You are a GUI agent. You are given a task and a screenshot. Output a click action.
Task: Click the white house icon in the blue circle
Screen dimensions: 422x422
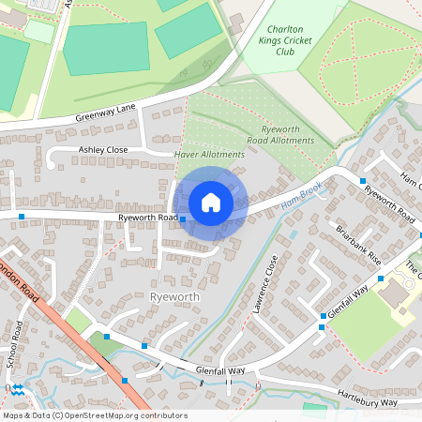point(211,202)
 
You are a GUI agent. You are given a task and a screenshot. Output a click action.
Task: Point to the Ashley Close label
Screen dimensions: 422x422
point(103,149)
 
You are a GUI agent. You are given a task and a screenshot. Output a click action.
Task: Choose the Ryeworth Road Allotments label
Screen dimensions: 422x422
point(279,135)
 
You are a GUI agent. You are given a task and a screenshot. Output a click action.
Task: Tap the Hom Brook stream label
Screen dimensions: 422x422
point(302,192)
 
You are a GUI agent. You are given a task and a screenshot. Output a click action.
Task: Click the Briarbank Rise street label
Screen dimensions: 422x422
point(361,244)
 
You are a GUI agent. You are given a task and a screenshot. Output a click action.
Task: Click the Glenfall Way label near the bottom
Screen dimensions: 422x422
point(220,371)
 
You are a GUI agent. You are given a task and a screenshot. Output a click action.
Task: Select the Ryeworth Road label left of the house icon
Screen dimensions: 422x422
point(148,218)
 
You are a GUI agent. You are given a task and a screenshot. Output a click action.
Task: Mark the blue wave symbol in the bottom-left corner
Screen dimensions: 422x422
point(17,388)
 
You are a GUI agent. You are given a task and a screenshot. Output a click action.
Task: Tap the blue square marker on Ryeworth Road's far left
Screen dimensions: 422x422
point(22,217)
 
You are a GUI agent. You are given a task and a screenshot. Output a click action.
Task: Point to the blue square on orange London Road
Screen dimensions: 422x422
point(125,380)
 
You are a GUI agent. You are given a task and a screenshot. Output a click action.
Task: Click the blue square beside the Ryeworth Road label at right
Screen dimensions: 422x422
point(362,180)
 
